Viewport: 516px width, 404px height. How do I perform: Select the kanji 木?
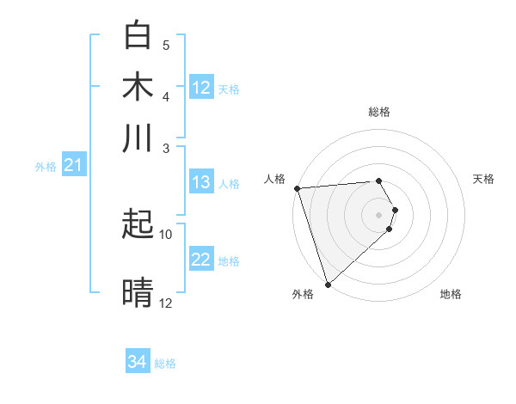tap(138, 88)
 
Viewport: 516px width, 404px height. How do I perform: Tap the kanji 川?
tap(138, 138)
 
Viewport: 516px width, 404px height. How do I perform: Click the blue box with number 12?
tap(201, 88)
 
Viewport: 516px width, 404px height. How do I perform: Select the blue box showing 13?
tap(201, 182)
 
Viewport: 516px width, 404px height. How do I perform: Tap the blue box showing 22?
tap(201, 260)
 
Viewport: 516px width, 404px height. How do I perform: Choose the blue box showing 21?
tap(72, 165)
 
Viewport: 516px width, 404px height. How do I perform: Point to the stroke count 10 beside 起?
tap(166, 234)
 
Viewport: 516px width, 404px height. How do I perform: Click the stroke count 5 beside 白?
tap(166, 45)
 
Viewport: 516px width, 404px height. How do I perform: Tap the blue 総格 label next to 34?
tap(166, 364)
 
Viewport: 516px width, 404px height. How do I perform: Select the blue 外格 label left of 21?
tap(45, 167)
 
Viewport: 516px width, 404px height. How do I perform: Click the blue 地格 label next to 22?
tap(229, 261)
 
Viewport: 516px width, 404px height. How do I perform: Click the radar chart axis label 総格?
tap(379, 113)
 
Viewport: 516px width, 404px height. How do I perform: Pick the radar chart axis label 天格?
tap(483, 179)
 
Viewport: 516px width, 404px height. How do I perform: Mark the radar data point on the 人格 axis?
tap(297, 188)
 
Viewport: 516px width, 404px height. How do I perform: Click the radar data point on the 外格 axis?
tap(328, 284)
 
